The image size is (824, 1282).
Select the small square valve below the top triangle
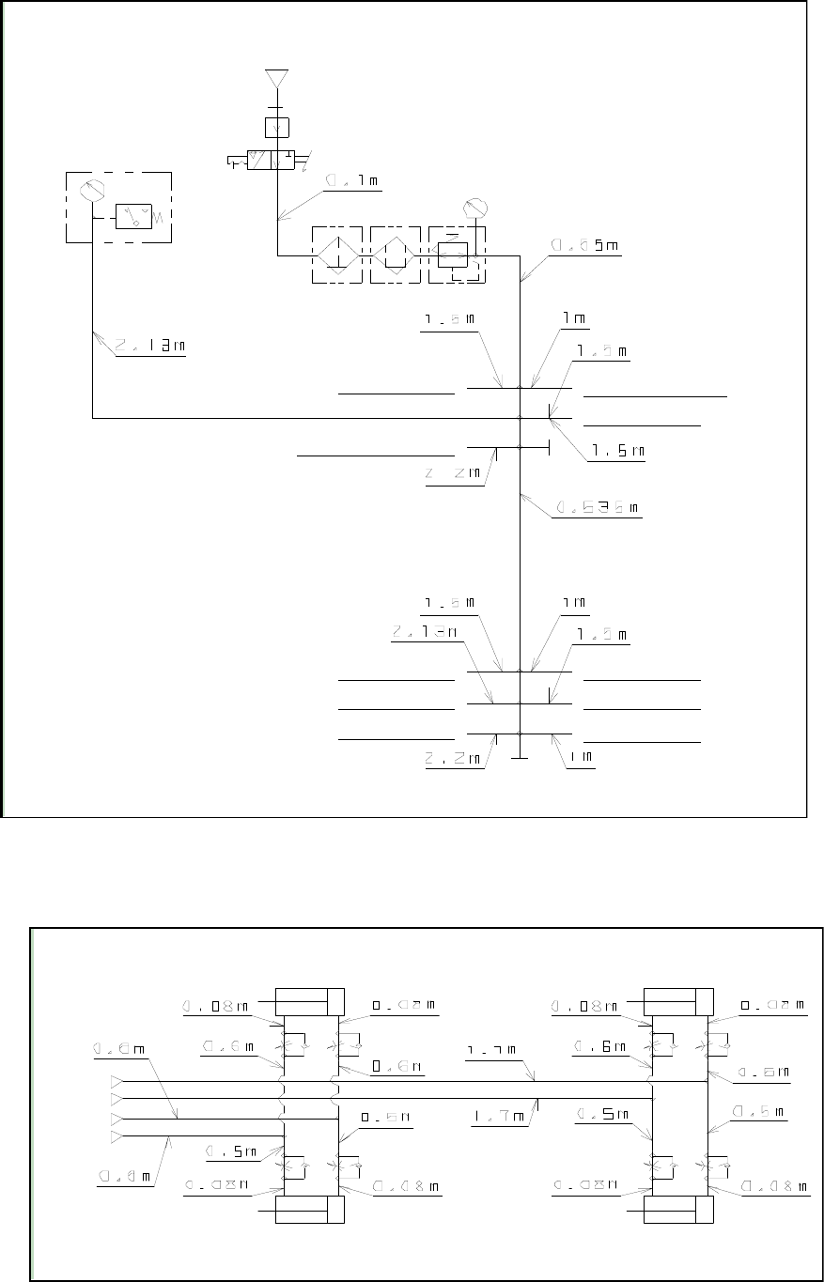pos(277,128)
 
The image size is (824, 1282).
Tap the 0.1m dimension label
pos(351,180)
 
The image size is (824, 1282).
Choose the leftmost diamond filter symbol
pos(335,255)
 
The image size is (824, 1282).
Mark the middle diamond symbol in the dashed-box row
pos(395,255)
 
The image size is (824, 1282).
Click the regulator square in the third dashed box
pos(453,255)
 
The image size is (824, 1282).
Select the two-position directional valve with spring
pos(265,162)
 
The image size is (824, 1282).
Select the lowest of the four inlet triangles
pos(117,1137)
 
